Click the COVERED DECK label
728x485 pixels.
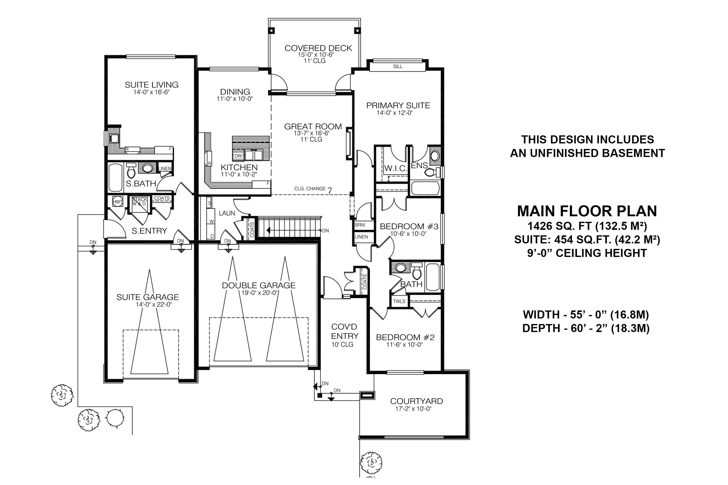pos(318,48)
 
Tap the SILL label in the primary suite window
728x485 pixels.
pos(398,67)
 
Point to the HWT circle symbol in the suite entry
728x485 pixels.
pos(118,202)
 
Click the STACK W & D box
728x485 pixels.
pos(139,202)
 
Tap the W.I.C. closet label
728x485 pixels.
pos(395,169)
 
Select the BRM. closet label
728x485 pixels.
pos(360,225)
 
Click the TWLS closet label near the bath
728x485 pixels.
pos(399,301)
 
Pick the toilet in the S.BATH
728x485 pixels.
pos(131,170)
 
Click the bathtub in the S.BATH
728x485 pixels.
pos(116,178)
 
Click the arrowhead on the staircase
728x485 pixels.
pos(268,230)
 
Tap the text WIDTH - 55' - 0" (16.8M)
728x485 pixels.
pos(586,315)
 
